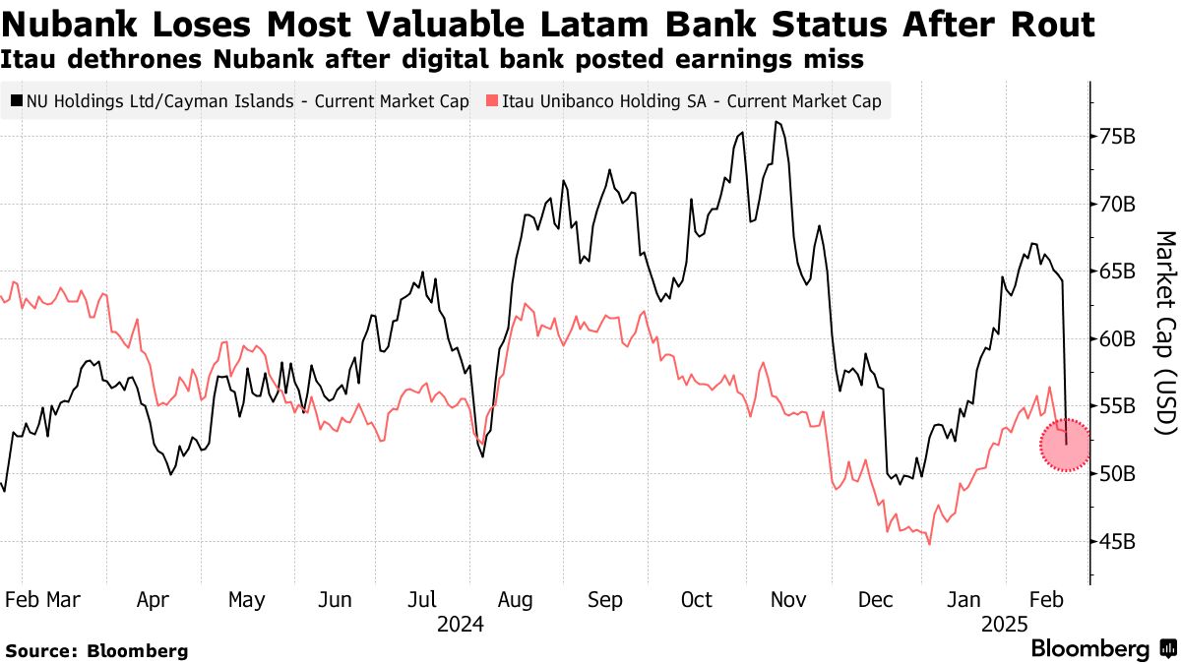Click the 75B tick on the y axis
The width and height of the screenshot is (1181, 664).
pyautogui.click(x=1119, y=137)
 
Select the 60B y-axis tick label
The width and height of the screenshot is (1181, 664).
pyautogui.click(x=1119, y=339)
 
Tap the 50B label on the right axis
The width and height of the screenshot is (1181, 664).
pyautogui.click(x=1119, y=474)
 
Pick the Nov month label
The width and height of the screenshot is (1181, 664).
pyautogui.click(x=788, y=600)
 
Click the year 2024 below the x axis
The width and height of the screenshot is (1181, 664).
pyautogui.click(x=460, y=625)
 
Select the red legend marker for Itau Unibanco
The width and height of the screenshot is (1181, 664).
pyautogui.click(x=491, y=100)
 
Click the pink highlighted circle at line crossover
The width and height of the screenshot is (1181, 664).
pyautogui.click(x=1066, y=446)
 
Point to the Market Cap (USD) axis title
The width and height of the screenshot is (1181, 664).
pyautogui.click(x=1164, y=332)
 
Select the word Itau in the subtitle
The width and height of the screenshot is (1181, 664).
pyautogui.click(x=31, y=60)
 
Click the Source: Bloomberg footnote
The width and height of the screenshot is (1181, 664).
pyautogui.click(x=96, y=650)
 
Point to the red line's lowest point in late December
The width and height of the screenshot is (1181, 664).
pyautogui.click(x=929, y=544)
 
